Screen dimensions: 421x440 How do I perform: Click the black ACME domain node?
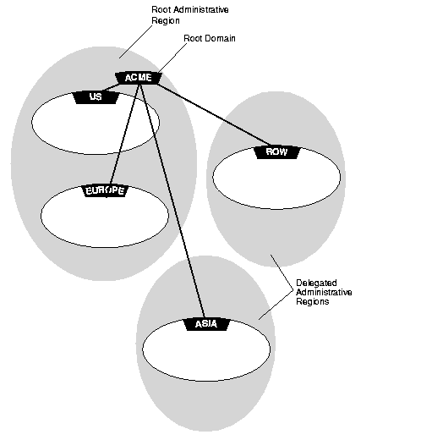tap(139, 78)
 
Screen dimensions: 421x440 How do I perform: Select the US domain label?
tap(96, 97)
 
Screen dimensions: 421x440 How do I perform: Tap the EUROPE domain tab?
tap(105, 190)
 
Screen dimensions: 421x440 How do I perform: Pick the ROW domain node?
tap(276, 152)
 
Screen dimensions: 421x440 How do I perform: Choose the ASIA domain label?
tap(206, 324)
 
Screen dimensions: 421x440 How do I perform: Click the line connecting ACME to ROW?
tap(213, 114)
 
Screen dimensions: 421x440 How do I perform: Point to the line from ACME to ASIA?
tap(172, 201)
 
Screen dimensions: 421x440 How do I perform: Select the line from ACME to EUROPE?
tap(124, 135)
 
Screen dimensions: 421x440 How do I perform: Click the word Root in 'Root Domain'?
tap(191, 38)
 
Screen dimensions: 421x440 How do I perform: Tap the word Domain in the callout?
tap(218, 38)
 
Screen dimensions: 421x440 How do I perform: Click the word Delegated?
tap(316, 283)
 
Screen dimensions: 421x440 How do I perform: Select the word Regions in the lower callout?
tap(313, 301)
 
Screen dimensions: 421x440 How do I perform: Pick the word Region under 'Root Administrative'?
tap(166, 21)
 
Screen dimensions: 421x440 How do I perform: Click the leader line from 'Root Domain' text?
tap(172, 58)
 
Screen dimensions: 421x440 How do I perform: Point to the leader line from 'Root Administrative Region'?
tap(135, 42)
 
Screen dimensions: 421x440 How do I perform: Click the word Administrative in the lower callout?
tap(324, 292)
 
